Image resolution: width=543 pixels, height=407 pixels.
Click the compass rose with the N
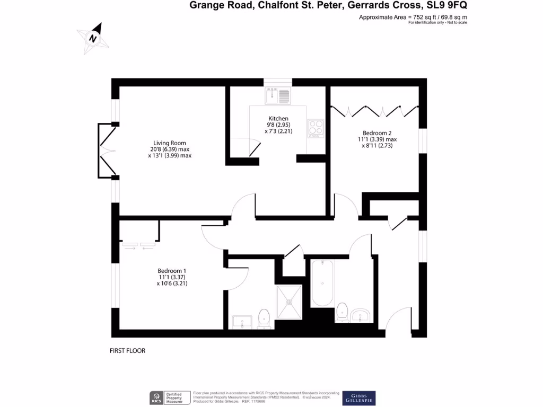[94, 38]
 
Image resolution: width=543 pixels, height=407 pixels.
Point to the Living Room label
[170, 143]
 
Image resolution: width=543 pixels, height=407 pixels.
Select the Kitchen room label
[278, 119]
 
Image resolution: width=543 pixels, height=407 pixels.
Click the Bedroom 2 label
[376, 133]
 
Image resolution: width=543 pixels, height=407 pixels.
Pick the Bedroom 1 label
[172, 271]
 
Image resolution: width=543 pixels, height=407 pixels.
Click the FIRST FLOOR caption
[127, 351]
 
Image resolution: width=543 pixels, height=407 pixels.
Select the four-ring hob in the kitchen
[316, 128]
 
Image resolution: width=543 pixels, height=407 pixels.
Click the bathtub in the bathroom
[322, 283]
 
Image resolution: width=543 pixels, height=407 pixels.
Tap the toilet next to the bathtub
[342, 312]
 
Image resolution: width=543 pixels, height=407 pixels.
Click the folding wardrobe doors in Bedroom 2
[374, 111]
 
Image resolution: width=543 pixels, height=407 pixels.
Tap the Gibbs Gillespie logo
[359, 398]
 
